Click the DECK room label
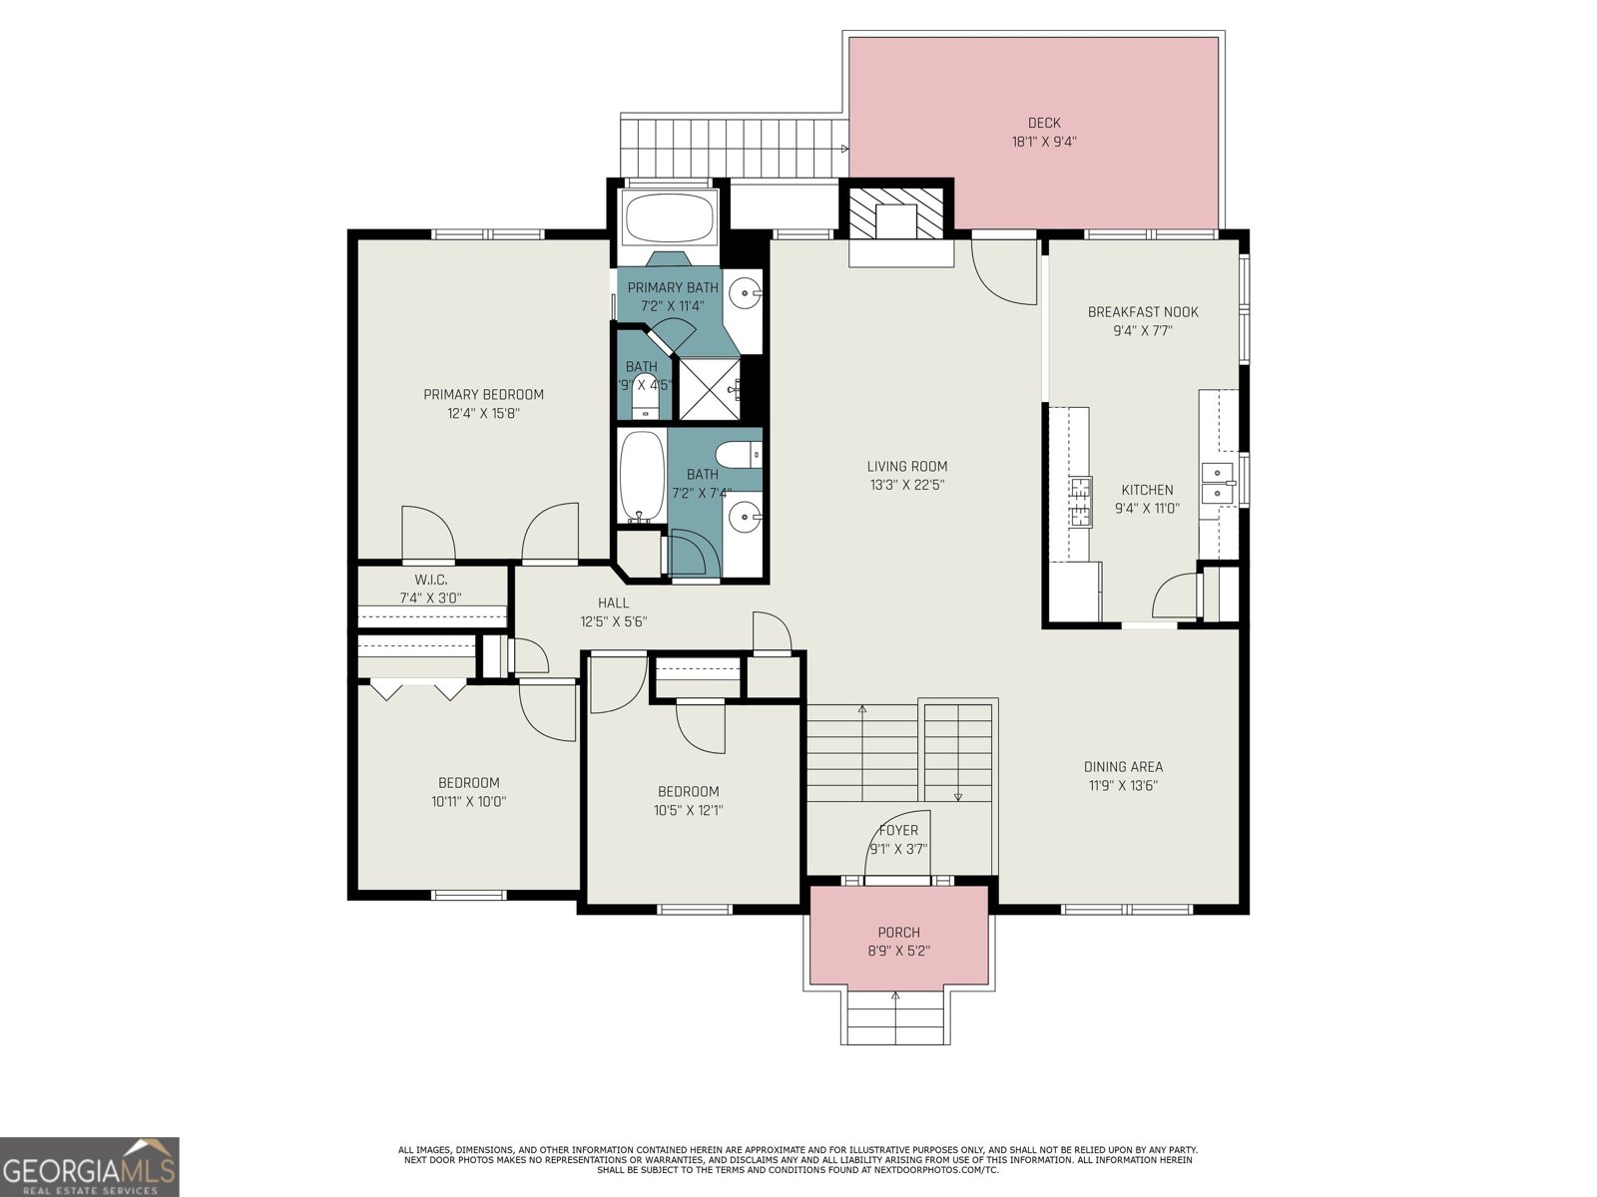[x=1044, y=123]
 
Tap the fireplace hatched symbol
[x=895, y=211]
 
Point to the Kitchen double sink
[x=1218, y=482]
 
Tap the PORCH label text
[x=898, y=933]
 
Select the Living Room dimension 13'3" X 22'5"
[x=906, y=486]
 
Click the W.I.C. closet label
[x=430, y=580]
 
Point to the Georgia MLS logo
[x=90, y=1166]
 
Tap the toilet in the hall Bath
[x=740, y=454]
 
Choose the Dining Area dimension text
[x=1123, y=785]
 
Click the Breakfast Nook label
[x=1143, y=311]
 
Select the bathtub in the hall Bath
[x=641, y=477]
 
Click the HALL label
[x=613, y=602]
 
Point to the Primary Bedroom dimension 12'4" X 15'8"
[x=483, y=413]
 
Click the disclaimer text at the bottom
[x=798, y=1159]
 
